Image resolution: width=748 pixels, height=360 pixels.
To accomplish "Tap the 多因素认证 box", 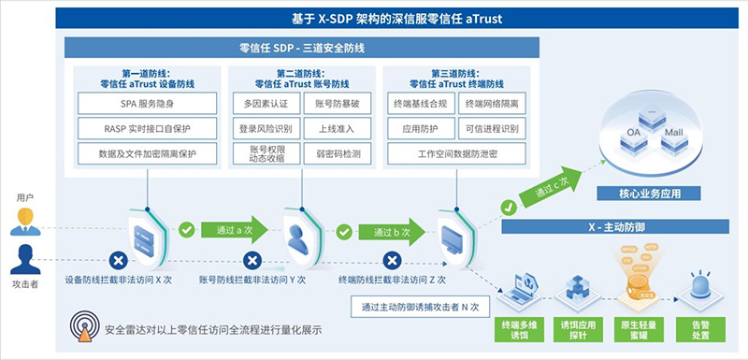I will pyautogui.click(x=266, y=103).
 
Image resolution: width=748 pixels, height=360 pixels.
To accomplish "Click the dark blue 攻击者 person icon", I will pyautogui.click(x=25, y=257).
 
